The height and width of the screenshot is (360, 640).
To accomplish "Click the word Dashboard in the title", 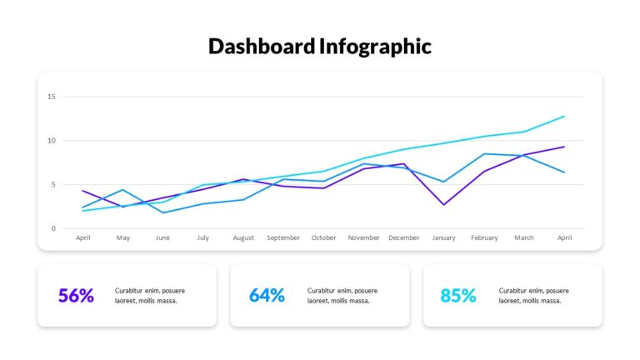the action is point(262,46).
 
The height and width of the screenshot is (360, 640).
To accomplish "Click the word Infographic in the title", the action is point(375,47).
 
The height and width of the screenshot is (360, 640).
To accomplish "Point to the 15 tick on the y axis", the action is point(52,97).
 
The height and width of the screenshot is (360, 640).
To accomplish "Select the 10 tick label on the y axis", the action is point(52,140).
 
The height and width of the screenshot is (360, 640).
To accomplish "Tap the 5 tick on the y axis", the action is point(53,184).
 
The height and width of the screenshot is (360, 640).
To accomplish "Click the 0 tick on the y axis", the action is point(53,228).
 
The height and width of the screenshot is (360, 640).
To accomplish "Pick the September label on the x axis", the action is point(283,238).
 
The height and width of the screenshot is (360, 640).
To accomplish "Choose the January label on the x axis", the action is point(443,238).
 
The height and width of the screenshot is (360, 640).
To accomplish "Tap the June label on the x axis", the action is point(162,237).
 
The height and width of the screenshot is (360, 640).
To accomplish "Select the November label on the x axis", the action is point(363,237).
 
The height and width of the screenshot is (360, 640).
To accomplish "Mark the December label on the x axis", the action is point(403,237).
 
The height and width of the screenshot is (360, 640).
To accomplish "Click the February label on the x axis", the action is point(484,238).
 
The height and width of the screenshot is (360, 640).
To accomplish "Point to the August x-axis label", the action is point(243,238).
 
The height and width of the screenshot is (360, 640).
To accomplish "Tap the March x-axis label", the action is point(524,237).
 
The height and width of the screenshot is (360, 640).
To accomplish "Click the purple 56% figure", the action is point(76,296).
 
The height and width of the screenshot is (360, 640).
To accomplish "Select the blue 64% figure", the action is point(267,296).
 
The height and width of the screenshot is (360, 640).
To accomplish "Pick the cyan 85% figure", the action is point(458,296).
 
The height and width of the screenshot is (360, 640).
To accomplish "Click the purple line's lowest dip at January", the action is point(443,204).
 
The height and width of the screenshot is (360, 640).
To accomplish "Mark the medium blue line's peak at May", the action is point(122,190).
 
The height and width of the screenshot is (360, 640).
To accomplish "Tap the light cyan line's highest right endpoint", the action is point(564,117).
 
